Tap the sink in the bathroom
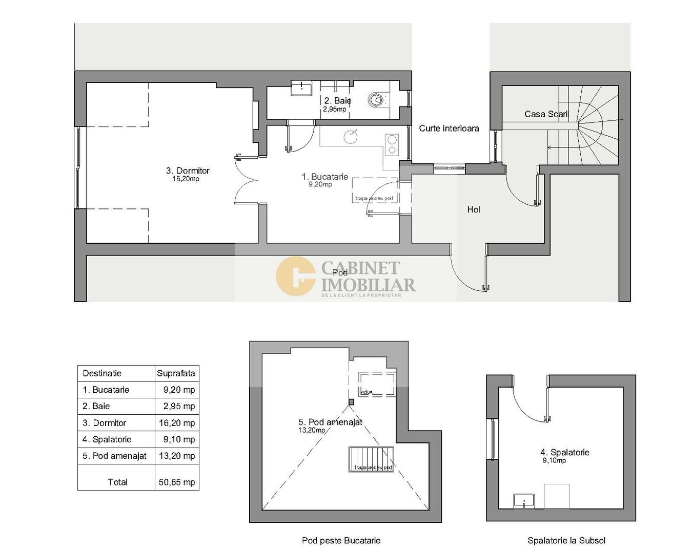point(302,88)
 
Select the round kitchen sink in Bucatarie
point(351,136)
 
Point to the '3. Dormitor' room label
point(188,171)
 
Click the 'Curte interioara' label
point(449,129)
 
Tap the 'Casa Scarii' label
point(546,114)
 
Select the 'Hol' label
point(474,209)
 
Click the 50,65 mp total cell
point(177,482)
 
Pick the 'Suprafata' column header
point(176,373)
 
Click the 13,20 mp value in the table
point(177,456)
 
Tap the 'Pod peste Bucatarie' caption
point(341,540)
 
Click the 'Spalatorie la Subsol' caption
point(566,540)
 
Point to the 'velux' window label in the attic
point(366,392)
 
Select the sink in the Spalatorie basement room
point(524,501)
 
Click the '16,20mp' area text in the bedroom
point(186,179)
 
